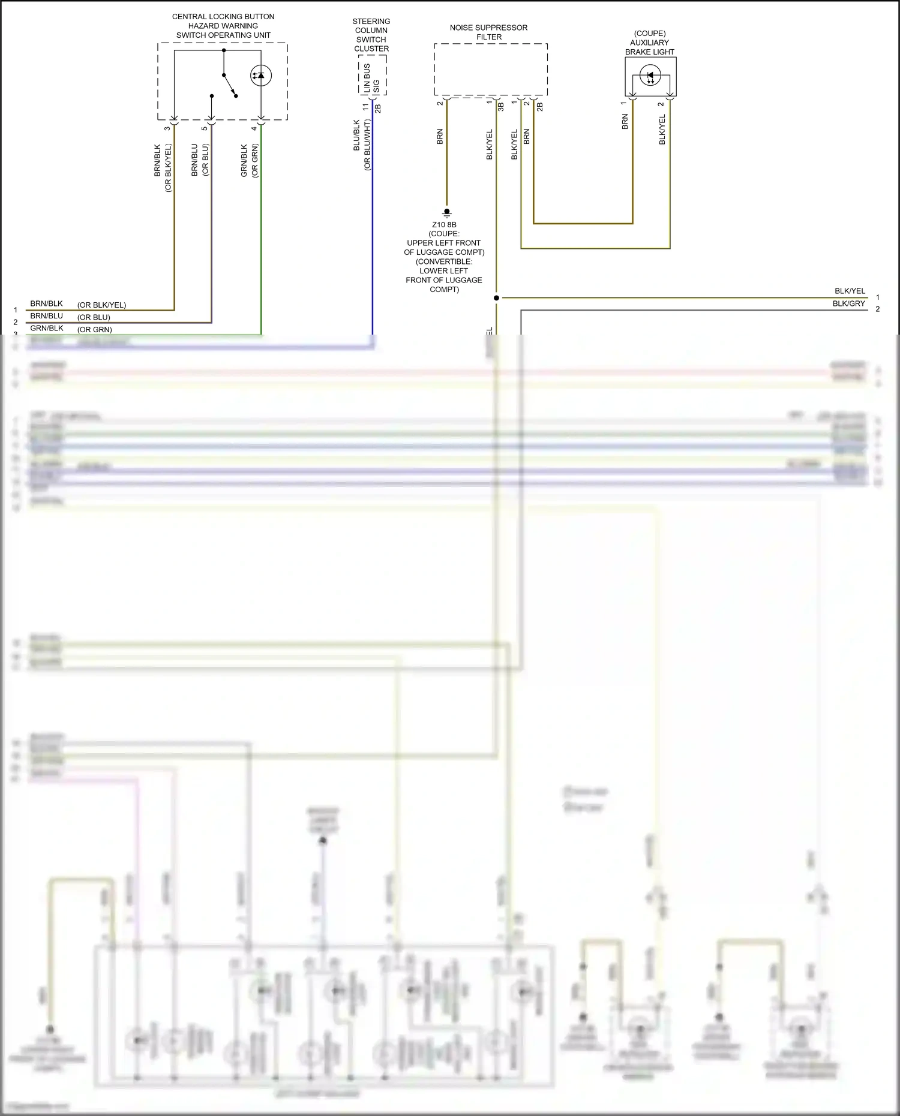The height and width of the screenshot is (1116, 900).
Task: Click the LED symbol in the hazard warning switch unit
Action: click(x=261, y=76)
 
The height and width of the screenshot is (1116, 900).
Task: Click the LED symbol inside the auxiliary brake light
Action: click(x=650, y=76)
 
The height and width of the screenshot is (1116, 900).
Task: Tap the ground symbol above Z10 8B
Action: click(x=446, y=212)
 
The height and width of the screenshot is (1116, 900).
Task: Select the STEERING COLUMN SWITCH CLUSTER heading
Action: click(x=371, y=35)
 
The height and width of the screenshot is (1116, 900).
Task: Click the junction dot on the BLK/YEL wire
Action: click(x=496, y=298)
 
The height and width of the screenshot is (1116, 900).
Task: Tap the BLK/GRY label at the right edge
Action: click(x=848, y=303)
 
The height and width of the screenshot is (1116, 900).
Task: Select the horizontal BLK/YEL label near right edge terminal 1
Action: click(x=850, y=291)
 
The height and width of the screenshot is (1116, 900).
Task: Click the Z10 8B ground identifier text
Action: click(x=444, y=225)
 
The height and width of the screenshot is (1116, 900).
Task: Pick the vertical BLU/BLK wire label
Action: click(x=357, y=136)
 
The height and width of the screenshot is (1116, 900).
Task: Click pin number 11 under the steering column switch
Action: click(x=365, y=107)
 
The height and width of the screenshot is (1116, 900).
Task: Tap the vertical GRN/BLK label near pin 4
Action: click(x=244, y=160)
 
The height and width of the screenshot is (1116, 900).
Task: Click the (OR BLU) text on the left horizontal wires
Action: click(x=94, y=317)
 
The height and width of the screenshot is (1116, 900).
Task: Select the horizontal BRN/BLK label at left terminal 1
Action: click(x=47, y=303)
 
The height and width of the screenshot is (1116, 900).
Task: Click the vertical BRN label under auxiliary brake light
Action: click(x=625, y=122)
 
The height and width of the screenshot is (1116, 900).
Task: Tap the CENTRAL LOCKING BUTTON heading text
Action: click(x=223, y=16)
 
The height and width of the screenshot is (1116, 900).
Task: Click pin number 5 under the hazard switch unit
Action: click(x=205, y=128)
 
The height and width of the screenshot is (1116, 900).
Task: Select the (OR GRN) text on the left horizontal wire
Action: click(x=95, y=329)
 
